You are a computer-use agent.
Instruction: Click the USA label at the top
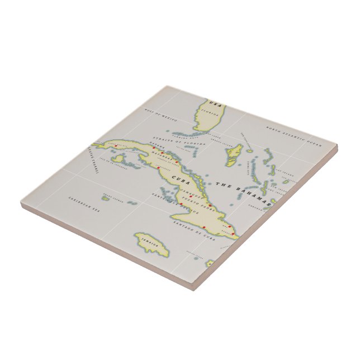[215, 103]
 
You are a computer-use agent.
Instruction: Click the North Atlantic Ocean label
[295, 137]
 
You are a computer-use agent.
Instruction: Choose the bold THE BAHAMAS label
[244, 193]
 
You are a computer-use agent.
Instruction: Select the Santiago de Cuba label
[193, 230]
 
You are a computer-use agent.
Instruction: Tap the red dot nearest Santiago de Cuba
[203, 228]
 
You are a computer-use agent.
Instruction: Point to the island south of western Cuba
[118, 160]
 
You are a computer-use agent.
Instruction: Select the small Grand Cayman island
[105, 197]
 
